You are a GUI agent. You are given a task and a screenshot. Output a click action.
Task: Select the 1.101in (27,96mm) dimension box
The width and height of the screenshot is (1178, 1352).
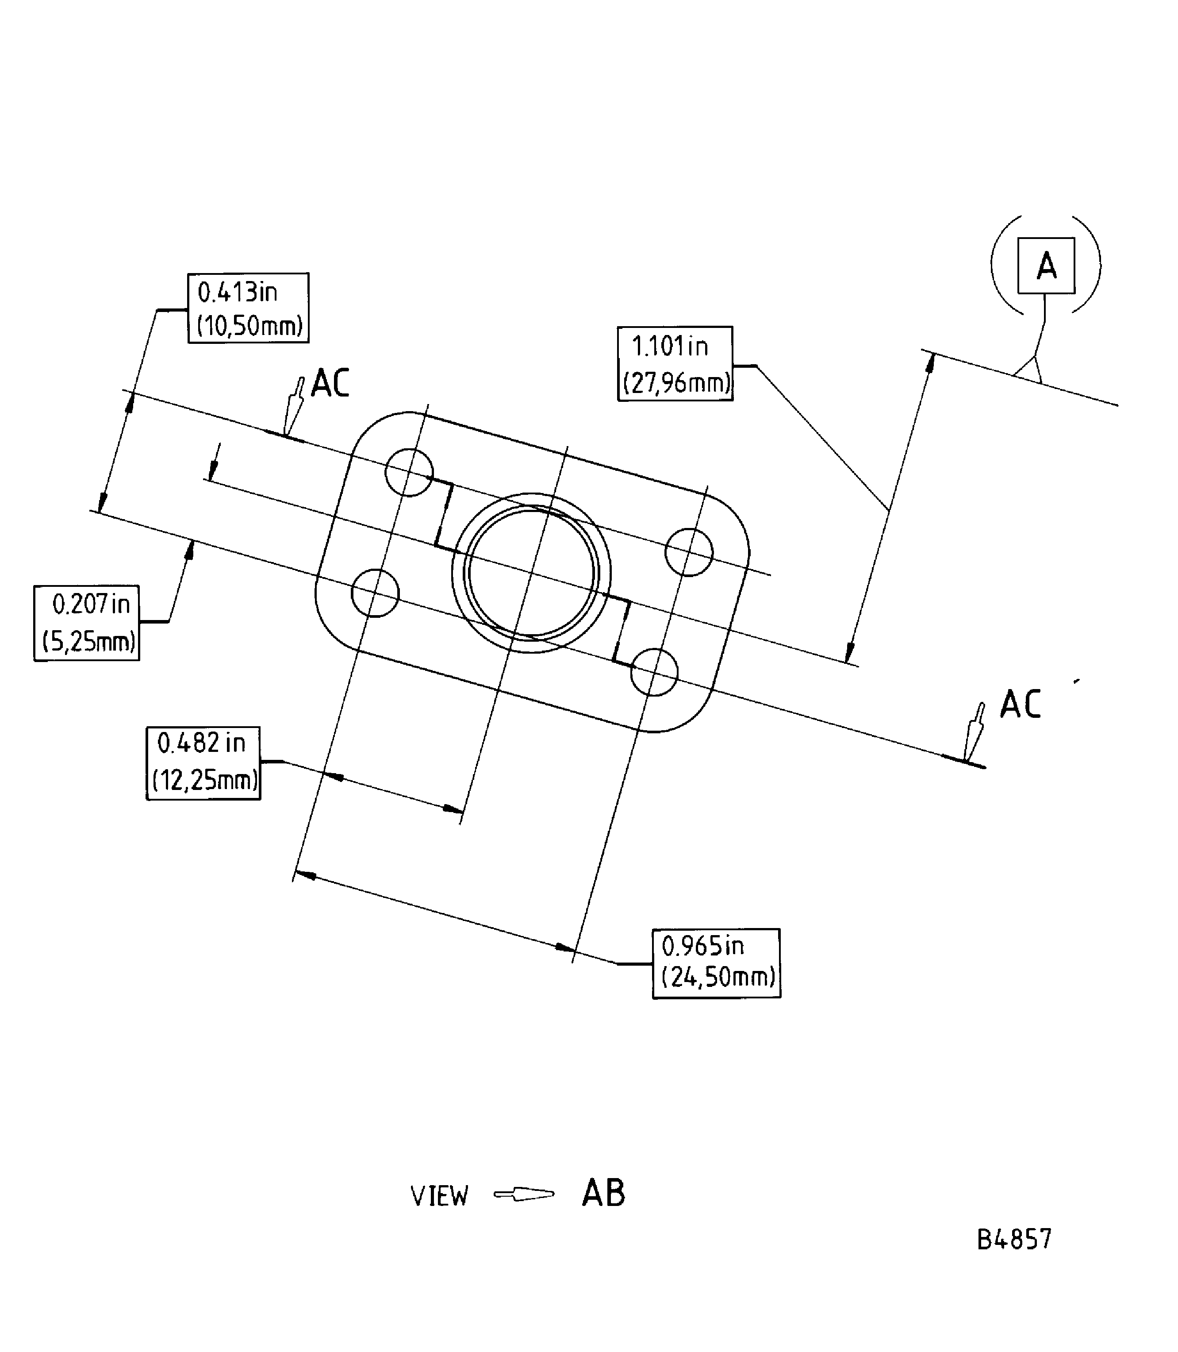click(675, 364)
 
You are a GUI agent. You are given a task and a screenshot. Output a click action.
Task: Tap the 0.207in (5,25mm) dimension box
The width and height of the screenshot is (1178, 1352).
click(87, 623)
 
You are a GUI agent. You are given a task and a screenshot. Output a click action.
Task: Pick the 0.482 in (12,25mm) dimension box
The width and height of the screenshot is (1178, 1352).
click(203, 763)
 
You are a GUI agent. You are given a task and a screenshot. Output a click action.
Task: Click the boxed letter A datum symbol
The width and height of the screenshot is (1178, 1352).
click(1046, 266)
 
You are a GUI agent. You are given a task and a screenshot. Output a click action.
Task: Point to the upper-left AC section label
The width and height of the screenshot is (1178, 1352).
click(330, 383)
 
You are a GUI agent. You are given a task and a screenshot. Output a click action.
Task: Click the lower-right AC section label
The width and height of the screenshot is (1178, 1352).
click(1020, 704)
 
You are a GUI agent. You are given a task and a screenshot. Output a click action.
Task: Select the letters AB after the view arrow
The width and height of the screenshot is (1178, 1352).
click(603, 1194)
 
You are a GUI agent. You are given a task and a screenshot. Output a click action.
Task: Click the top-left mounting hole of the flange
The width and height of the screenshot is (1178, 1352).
click(409, 473)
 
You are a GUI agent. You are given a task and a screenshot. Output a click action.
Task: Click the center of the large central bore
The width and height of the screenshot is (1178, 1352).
click(531, 573)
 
